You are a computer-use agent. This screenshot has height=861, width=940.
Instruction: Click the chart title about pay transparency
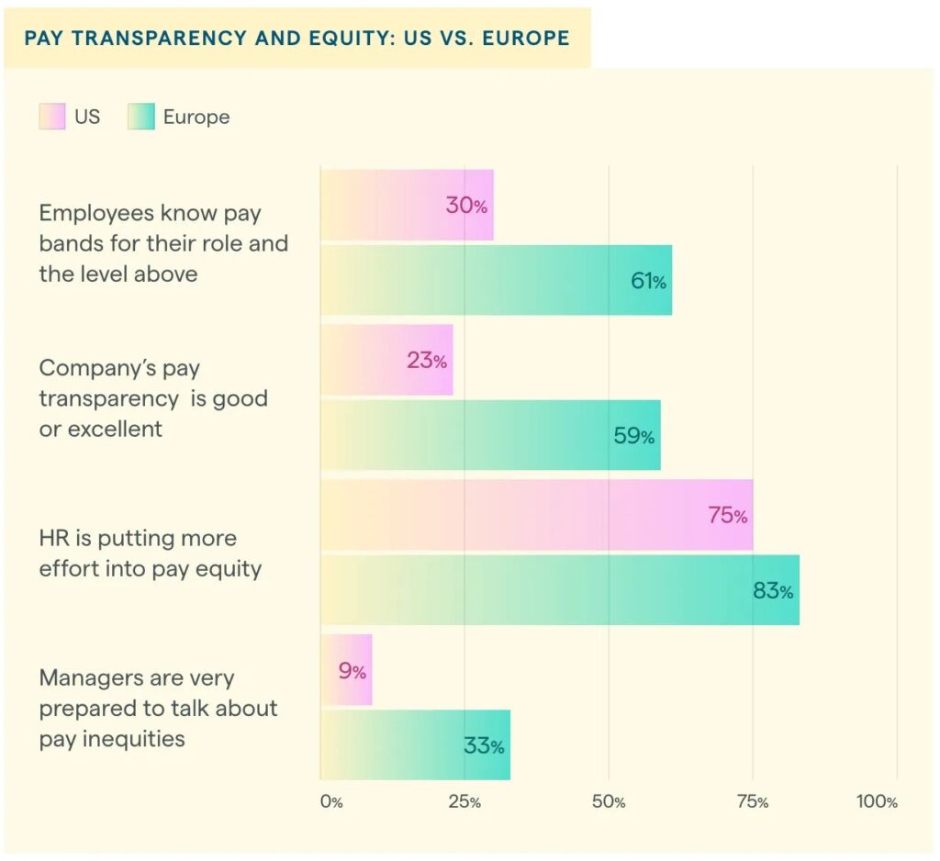(x=297, y=39)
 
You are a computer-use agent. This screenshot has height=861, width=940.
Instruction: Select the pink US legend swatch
(x=52, y=117)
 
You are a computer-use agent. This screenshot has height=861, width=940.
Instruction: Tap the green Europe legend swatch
(x=141, y=117)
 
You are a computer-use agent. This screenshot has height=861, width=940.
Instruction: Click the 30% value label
(x=466, y=206)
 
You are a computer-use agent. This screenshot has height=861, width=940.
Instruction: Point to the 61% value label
(x=648, y=282)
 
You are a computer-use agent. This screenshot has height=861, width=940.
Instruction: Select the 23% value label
(x=427, y=361)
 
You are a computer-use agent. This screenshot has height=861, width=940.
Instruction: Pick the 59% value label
(x=633, y=436)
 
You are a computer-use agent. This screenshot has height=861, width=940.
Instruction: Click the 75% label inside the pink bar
(x=727, y=516)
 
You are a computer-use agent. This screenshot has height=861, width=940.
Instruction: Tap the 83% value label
(x=773, y=591)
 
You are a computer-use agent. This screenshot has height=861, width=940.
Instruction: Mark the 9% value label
(x=352, y=671)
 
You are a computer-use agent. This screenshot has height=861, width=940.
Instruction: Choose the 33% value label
(x=484, y=746)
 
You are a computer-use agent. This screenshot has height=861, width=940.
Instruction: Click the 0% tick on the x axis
(x=331, y=801)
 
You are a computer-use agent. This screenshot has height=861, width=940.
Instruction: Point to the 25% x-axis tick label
(x=464, y=801)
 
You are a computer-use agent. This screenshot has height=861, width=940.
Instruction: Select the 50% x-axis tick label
(x=609, y=801)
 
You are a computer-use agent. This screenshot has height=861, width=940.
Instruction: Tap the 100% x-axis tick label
(x=877, y=801)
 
